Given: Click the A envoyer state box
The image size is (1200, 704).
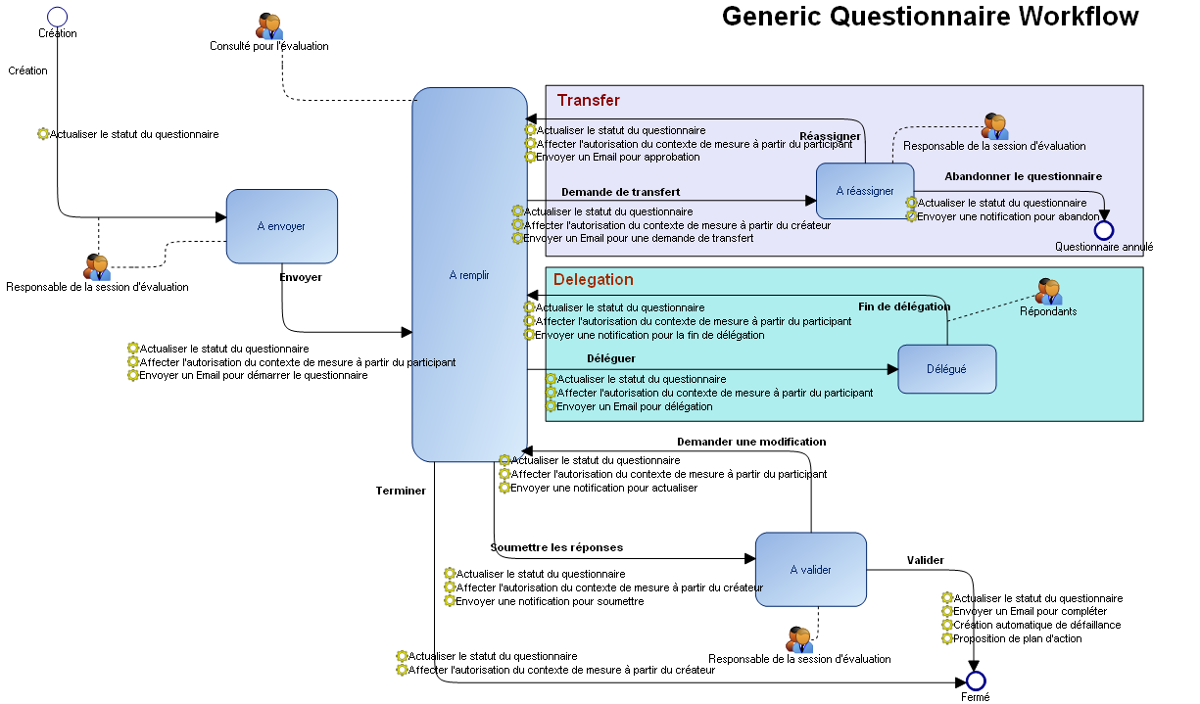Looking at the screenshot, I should coord(281,226).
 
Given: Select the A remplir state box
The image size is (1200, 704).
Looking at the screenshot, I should coord(469,275).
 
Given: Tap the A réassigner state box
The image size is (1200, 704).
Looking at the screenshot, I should coord(864,191).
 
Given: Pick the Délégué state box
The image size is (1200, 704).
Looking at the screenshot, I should coord(946,369).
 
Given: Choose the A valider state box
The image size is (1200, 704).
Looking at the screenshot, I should coord(810,570).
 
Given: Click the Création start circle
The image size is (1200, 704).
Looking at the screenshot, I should coord(57,16).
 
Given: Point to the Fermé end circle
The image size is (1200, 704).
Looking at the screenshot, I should coord(975,681).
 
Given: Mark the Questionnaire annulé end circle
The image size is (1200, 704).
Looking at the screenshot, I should coord(1104,230).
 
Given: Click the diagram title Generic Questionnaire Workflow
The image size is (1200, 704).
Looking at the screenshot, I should coord(930,17).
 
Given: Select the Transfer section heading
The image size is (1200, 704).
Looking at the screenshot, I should coord(588,100).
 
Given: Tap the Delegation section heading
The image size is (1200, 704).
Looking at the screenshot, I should coord(593,279).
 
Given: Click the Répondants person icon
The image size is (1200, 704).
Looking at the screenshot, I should coord(1048,291).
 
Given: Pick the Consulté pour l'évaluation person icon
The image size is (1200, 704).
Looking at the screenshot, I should coord(269,26).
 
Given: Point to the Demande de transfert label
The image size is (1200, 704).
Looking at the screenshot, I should coord(620,192).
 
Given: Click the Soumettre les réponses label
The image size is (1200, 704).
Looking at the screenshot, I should coord(556,547).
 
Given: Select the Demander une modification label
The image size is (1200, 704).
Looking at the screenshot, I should coord(751,442).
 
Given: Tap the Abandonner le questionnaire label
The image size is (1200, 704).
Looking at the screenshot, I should coord(1023,176).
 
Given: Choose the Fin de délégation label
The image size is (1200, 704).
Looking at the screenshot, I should coord(904,306).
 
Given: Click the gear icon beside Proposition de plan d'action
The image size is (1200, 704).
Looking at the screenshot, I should coord(947,638).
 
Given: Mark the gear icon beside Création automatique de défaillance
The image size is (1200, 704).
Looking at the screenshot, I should coord(947,625).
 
